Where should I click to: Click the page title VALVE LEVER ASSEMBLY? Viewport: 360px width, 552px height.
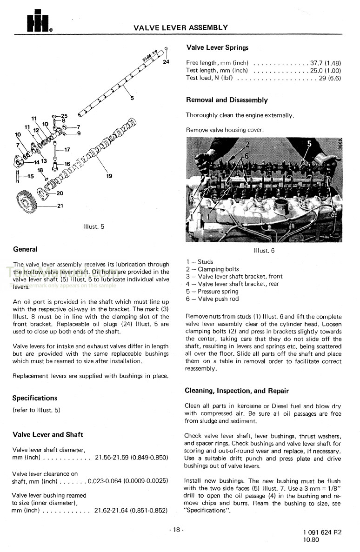tap(180, 27)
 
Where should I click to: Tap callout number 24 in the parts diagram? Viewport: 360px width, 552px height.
tap(166, 62)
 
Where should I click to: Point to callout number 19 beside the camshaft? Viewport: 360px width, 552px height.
tap(109, 176)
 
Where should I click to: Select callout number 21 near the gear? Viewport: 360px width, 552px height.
tap(60, 206)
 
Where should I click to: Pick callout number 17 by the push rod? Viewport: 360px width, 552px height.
tap(67, 150)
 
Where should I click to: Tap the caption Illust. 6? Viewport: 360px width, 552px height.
tap(264, 250)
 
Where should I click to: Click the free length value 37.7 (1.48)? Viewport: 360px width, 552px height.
tap(326, 63)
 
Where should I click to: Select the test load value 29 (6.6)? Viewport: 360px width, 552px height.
tap(330, 78)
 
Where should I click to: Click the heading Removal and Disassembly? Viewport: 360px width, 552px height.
tap(227, 100)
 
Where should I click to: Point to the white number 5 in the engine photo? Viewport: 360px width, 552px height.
tap(309, 144)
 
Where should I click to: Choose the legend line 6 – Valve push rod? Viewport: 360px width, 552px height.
tap(212, 299)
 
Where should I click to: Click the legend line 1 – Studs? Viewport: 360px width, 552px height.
tap(200, 261)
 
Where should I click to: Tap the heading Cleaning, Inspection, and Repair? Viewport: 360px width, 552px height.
tap(237, 391)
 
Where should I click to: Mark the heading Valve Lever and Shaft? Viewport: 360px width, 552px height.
tap(48, 435)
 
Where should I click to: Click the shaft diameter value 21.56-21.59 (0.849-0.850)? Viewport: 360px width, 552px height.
tap(131, 458)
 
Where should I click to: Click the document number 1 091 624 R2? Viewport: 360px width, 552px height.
tap(322, 532)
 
